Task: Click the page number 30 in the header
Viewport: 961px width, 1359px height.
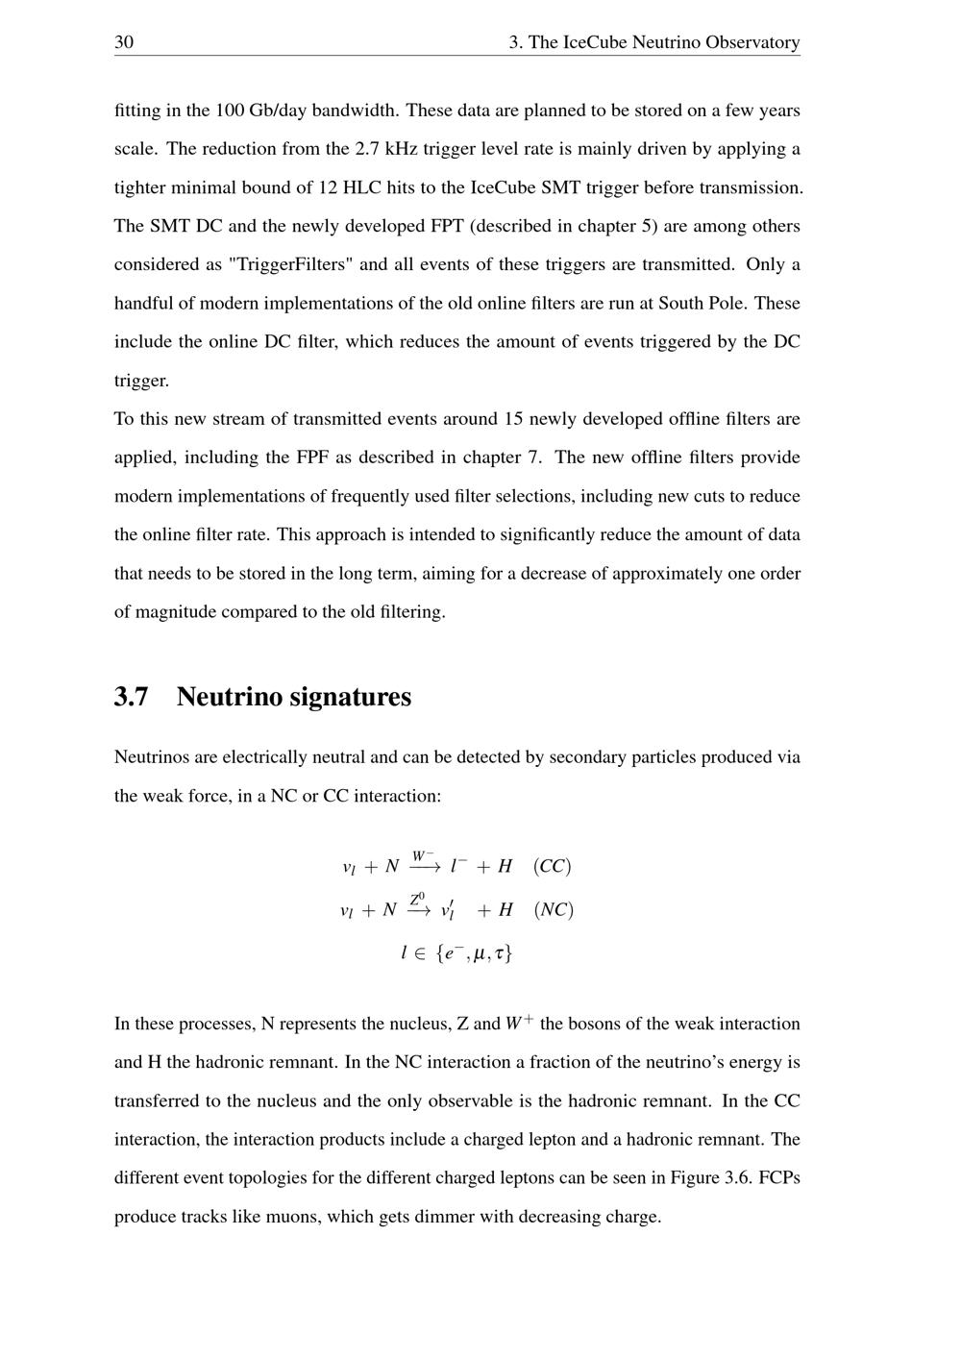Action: [x=124, y=42]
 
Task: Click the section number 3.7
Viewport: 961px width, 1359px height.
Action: [x=132, y=697]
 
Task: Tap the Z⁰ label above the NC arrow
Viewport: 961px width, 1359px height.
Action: [x=417, y=900]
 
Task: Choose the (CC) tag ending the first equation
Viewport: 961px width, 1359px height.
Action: [x=553, y=866]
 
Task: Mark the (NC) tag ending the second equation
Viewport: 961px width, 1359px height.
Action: [x=554, y=909]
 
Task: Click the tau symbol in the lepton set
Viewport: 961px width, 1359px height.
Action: [x=500, y=953]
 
